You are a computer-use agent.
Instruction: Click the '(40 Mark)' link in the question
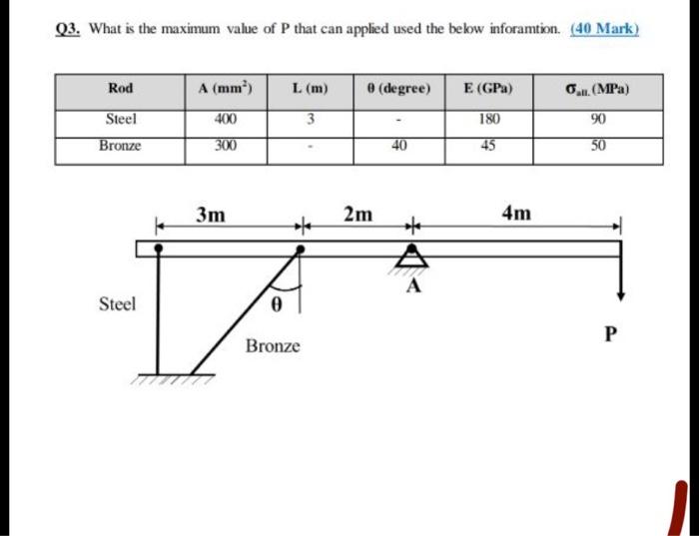604,29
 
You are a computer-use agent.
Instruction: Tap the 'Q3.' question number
68,29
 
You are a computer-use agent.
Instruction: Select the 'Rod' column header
120,89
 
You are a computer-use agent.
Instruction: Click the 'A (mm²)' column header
225,89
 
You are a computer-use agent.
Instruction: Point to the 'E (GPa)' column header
489,89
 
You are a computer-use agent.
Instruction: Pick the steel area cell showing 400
225,120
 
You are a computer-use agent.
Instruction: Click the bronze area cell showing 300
225,146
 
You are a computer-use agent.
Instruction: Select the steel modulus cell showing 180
489,120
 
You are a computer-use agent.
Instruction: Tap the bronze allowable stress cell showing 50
597,146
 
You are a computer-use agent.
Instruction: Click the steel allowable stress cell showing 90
597,120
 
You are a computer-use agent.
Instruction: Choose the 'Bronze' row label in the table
120,146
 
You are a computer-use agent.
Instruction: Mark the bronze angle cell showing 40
398,146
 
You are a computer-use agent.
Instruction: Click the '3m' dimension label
211,215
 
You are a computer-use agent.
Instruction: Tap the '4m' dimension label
517,215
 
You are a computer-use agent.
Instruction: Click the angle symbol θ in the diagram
277,302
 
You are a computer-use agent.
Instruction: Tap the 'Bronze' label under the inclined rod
272,346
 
